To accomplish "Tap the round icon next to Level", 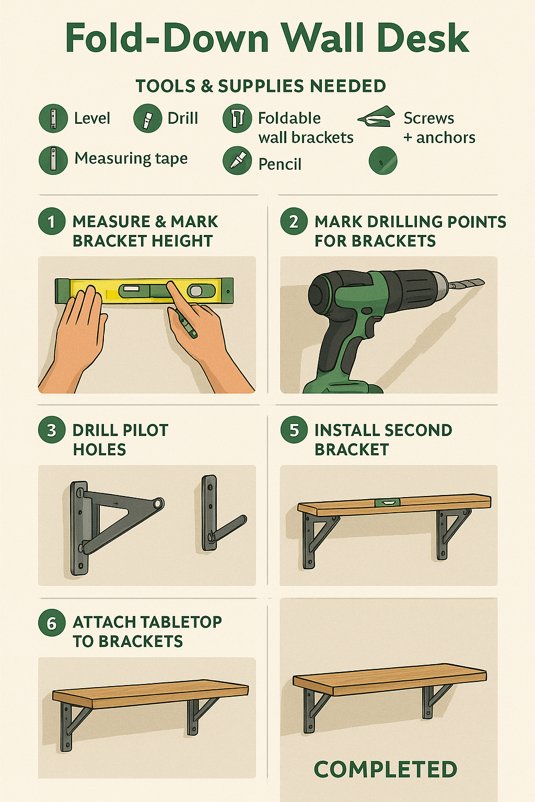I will pyautogui.click(x=53, y=118).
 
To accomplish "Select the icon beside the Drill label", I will pyautogui.click(x=147, y=118).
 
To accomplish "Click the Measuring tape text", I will pyautogui.click(x=131, y=158).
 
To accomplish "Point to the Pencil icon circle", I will pyautogui.click(x=237, y=160).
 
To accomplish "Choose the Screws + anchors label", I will pyautogui.click(x=439, y=128).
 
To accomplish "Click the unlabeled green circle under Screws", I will pyautogui.click(x=383, y=160).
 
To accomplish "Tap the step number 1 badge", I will pyautogui.click(x=52, y=221).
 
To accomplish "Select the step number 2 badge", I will pyautogui.click(x=294, y=221).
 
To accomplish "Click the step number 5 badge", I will pyautogui.click(x=294, y=430).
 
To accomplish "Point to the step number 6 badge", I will pyautogui.click(x=52, y=622).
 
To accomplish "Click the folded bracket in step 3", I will pyautogui.click(x=217, y=517).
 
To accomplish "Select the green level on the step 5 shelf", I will pyautogui.click(x=387, y=502).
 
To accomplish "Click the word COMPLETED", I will pyautogui.click(x=386, y=770).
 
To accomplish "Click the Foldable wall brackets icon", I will pyautogui.click(x=237, y=118).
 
